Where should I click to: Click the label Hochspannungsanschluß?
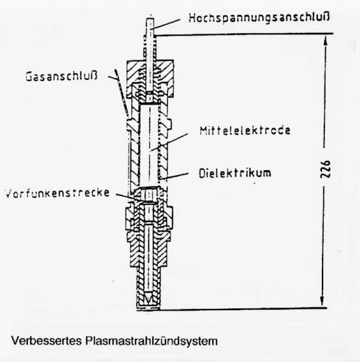(259, 18)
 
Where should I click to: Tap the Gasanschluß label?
(62, 76)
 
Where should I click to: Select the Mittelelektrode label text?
(245, 130)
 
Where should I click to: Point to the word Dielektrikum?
(235, 173)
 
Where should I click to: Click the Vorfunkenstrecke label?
(57, 193)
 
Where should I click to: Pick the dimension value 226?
(326, 169)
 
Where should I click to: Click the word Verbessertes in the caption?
(47, 341)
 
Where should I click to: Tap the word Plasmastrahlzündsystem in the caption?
(152, 341)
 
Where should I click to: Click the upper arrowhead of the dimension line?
(326, 40)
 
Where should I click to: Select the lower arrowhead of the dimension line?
(322, 301)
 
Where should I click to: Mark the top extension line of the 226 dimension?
(245, 34)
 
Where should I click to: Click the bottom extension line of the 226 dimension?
(243, 308)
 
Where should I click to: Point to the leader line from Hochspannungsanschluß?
(166, 24)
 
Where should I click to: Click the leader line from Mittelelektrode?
(169, 142)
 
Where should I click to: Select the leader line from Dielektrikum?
(175, 176)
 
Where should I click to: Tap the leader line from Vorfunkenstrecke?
(125, 196)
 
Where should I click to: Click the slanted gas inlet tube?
(121, 92)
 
